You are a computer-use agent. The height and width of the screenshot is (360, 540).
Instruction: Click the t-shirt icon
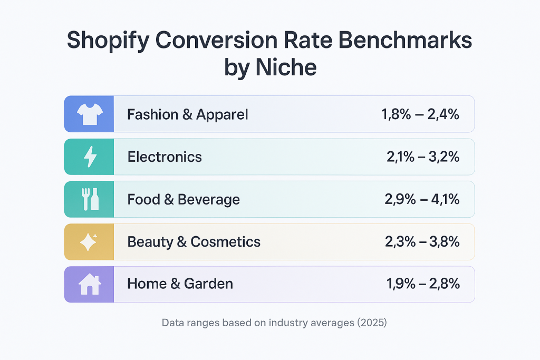click(x=89, y=114)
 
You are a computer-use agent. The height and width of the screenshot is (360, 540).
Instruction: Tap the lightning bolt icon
click(x=89, y=157)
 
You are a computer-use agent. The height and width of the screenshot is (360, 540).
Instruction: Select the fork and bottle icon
click(x=89, y=199)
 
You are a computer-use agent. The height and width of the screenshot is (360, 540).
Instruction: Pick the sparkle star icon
click(x=89, y=241)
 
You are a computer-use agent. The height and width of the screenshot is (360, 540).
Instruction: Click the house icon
click(x=89, y=284)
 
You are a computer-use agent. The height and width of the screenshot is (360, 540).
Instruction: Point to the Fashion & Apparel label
click(x=187, y=114)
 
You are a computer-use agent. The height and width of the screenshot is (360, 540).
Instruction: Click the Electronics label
click(x=165, y=157)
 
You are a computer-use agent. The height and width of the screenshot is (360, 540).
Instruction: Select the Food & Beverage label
click(x=184, y=199)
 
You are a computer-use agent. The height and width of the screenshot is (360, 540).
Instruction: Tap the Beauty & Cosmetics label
click(x=194, y=241)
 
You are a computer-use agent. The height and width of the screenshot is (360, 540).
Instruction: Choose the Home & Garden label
click(x=180, y=284)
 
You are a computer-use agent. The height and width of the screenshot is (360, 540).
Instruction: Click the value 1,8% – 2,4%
click(x=420, y=114)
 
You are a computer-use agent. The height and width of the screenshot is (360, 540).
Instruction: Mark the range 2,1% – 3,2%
click(x=422, y=157)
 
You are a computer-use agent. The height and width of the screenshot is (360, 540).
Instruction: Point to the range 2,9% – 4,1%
click(x=422, y=199)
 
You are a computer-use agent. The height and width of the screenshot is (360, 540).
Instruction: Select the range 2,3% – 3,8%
click(x=422, y=241)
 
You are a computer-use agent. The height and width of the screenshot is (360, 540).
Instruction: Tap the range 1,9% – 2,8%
click(x=422, y=284)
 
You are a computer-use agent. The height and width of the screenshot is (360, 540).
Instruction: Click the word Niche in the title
click(x=289, y=67)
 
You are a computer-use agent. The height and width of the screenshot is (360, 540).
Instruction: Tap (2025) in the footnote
click(x=372, y=323)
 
